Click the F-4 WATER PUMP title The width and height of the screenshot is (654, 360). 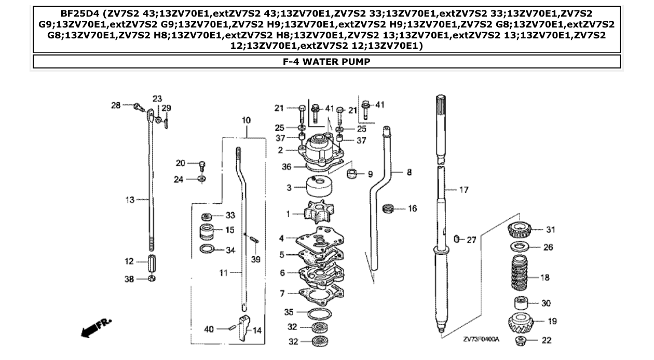tap(326, 62)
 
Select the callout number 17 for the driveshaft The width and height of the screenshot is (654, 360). tap(464, 190)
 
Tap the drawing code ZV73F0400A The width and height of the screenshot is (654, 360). tap(481, 339)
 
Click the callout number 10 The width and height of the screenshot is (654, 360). tap(246, 120)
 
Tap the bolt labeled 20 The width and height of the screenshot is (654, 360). tap(202, 164)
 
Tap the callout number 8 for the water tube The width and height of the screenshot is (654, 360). tap(409, 172)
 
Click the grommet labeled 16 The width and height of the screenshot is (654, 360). tap(387, 209)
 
